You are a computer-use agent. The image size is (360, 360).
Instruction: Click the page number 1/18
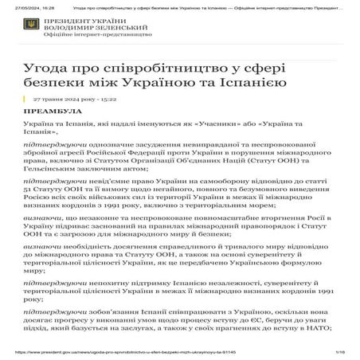339,350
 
